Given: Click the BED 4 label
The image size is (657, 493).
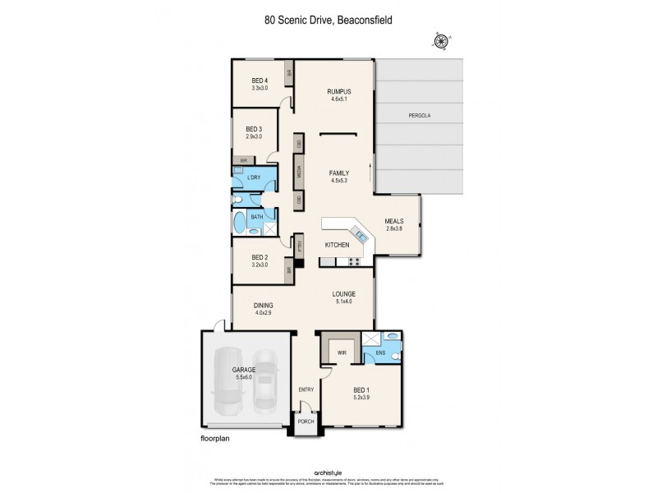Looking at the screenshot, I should point(260,80).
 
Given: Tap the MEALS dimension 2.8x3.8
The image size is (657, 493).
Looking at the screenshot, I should point(396,228).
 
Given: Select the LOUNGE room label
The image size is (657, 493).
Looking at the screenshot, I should point(342,293).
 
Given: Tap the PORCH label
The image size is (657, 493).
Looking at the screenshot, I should point(306,422).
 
